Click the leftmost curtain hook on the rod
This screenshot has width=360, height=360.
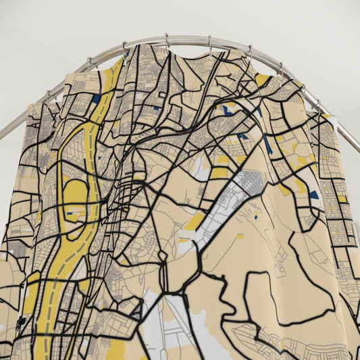point(48,93)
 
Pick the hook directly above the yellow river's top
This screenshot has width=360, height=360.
point(124,47)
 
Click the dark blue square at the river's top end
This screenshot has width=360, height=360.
point(96,99)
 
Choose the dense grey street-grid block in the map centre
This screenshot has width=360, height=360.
point(250,182)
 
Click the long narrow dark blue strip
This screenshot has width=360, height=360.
point(267,145)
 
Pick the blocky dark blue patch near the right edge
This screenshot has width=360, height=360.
point(313,195)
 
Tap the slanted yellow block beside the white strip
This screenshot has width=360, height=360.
point(195,222)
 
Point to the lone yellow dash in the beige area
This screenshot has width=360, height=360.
point(240,236)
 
